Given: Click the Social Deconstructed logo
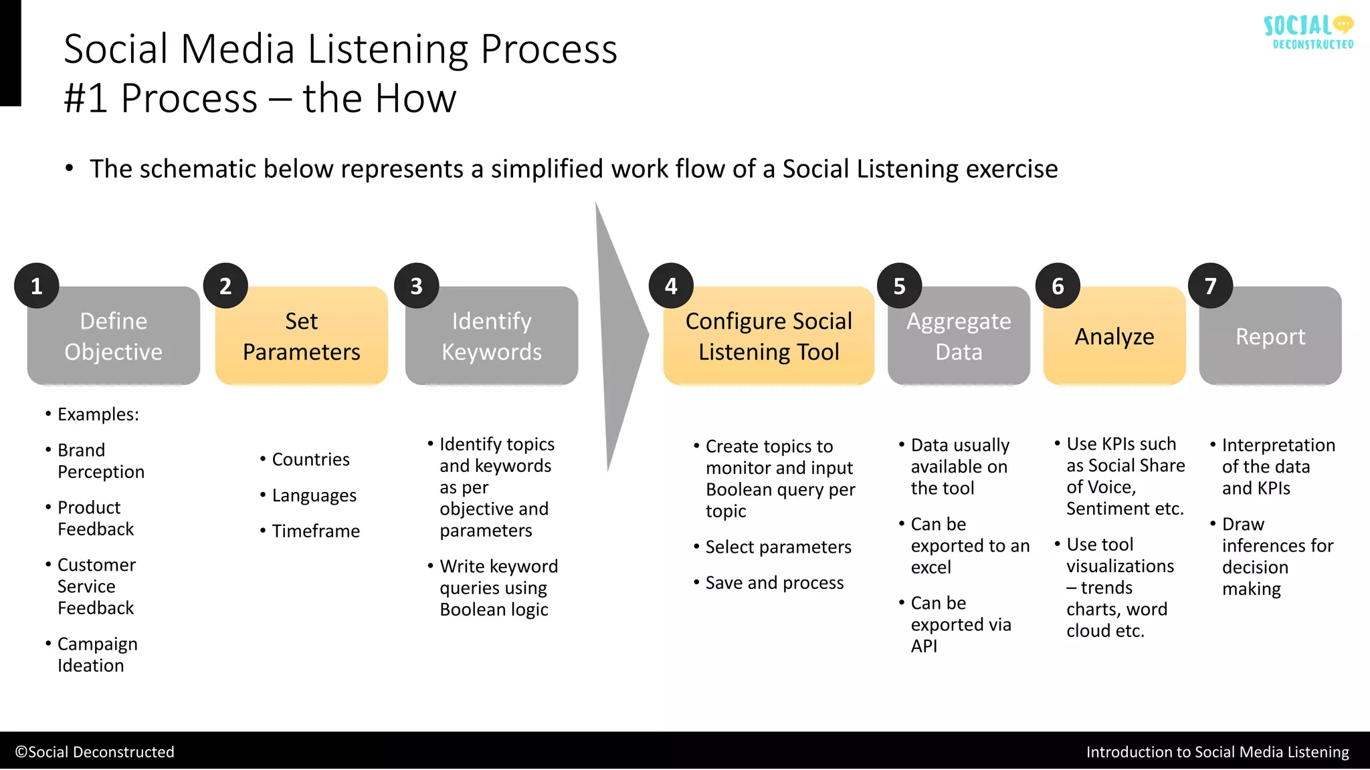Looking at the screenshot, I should (1308, 32).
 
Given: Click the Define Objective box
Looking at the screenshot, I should (114, 336).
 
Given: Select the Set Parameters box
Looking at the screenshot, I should (302, 336).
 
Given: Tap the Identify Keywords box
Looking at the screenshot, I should (492, 336).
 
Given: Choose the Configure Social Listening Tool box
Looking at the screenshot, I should (769, 336).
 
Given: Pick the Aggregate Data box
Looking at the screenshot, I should (959, 336).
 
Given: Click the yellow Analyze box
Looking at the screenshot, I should (1114, 336).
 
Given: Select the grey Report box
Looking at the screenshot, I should (1270, 336).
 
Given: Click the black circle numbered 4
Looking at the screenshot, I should (671, 286).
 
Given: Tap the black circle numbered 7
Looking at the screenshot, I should (1210, 286).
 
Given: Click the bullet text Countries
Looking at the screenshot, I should (310, 460).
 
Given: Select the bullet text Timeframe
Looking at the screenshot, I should (316, 531).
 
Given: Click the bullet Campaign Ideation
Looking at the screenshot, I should (97, 654).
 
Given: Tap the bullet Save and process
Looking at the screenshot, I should (774, 583).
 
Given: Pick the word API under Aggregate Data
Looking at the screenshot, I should (924, 646).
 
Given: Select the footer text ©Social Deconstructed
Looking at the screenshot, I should (94, 752).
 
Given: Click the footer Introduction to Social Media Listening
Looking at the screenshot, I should (1217, 752).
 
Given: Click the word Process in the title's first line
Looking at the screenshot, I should (549, 49).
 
